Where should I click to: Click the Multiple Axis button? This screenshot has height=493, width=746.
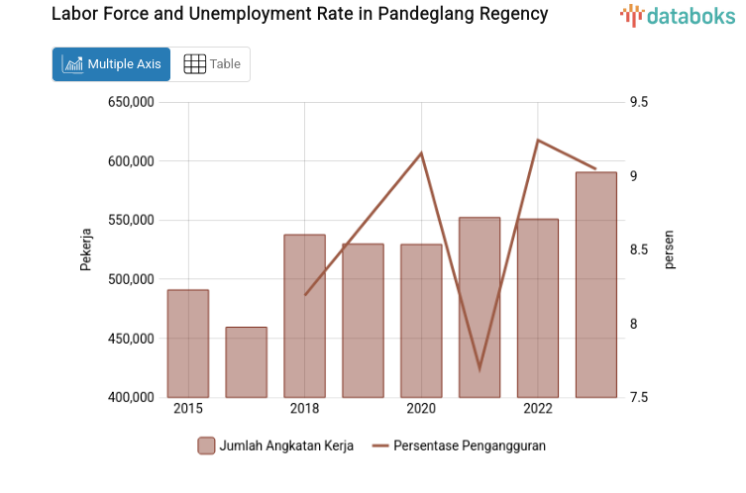[111, 64]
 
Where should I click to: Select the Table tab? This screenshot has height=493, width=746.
[212, 64]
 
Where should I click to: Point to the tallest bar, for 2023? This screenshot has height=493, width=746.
[596, 284]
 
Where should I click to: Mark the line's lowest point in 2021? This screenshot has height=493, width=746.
[480, 369]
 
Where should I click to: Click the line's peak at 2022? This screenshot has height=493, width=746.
[538, 140]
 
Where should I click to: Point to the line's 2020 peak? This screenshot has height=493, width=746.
[421, 152]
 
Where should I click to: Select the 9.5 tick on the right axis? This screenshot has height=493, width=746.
[638, 102]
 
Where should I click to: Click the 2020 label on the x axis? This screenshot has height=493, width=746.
[421, 409]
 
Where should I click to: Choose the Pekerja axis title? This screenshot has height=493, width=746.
[86, 249]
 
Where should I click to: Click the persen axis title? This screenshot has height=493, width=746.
[670, 249]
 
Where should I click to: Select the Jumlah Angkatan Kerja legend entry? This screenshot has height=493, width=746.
[275, 445]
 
